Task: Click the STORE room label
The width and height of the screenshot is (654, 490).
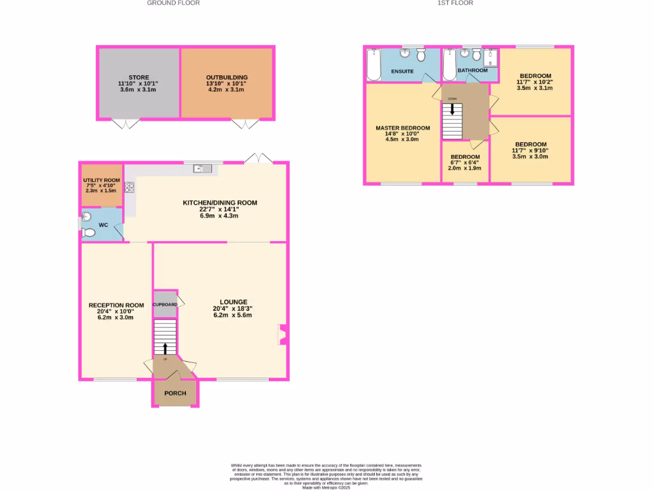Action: pos(139,78)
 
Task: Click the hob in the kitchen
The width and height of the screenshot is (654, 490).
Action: pos(130,188)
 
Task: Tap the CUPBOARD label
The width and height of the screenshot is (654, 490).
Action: pos(165,304)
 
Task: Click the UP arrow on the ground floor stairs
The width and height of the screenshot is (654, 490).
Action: pos(165,348)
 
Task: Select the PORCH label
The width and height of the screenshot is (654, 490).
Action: pos(175,393)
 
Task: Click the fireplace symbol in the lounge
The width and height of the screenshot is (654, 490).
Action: pos(282,334)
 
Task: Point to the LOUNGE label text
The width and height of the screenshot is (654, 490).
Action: pos(233,302)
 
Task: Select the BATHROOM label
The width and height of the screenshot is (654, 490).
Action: pos(472,70)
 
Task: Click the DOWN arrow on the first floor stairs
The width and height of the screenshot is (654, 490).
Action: pos(452,109)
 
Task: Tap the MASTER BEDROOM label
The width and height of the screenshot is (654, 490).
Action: pos(402,128)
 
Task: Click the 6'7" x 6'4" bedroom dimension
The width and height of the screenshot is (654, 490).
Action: pos(465,163)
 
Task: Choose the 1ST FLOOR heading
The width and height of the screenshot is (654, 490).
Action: pos(455,3)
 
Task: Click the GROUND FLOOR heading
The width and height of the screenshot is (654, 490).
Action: pos(173,3)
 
